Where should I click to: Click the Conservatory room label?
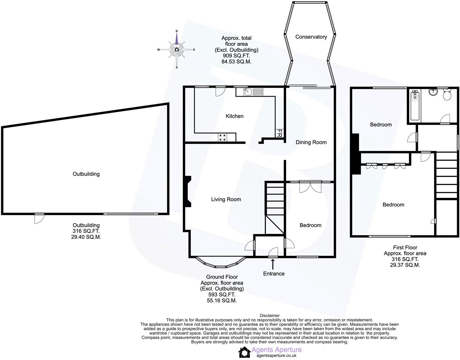[x=311, y=37]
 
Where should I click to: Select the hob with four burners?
[x=223, y=137]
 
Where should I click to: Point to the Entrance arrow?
[x=273, y=264]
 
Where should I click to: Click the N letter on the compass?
[x=177, y=31]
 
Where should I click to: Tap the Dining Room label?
[x=311, y=142]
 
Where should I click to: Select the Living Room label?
[x=226, y=199]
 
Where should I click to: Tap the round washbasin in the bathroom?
[x=433, y=92]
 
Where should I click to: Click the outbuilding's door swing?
[x=39, y=219]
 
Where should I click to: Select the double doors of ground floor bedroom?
[x=310, y=187]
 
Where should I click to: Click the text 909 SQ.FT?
[x=236, y=56]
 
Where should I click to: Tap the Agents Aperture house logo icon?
[x=244, y=352]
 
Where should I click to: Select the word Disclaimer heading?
[x=269, y=316]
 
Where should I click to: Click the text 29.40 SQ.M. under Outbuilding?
[x=86, y=237]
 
